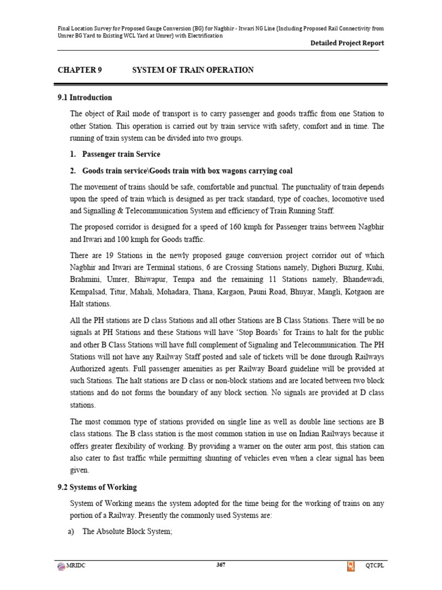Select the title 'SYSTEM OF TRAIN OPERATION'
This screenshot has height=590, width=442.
193,70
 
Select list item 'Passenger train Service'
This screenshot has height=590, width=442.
121,154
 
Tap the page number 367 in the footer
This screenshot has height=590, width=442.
220,565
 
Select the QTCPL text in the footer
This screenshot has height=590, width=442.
375,567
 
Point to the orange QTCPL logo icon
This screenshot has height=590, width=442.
350,567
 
